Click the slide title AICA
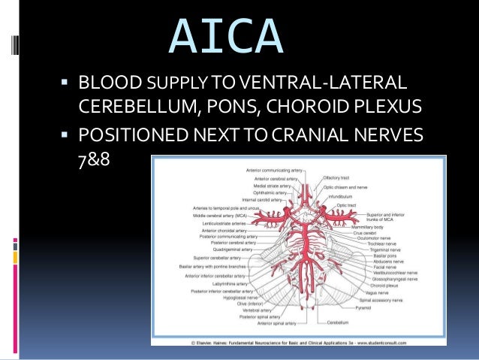click(227, 37)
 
